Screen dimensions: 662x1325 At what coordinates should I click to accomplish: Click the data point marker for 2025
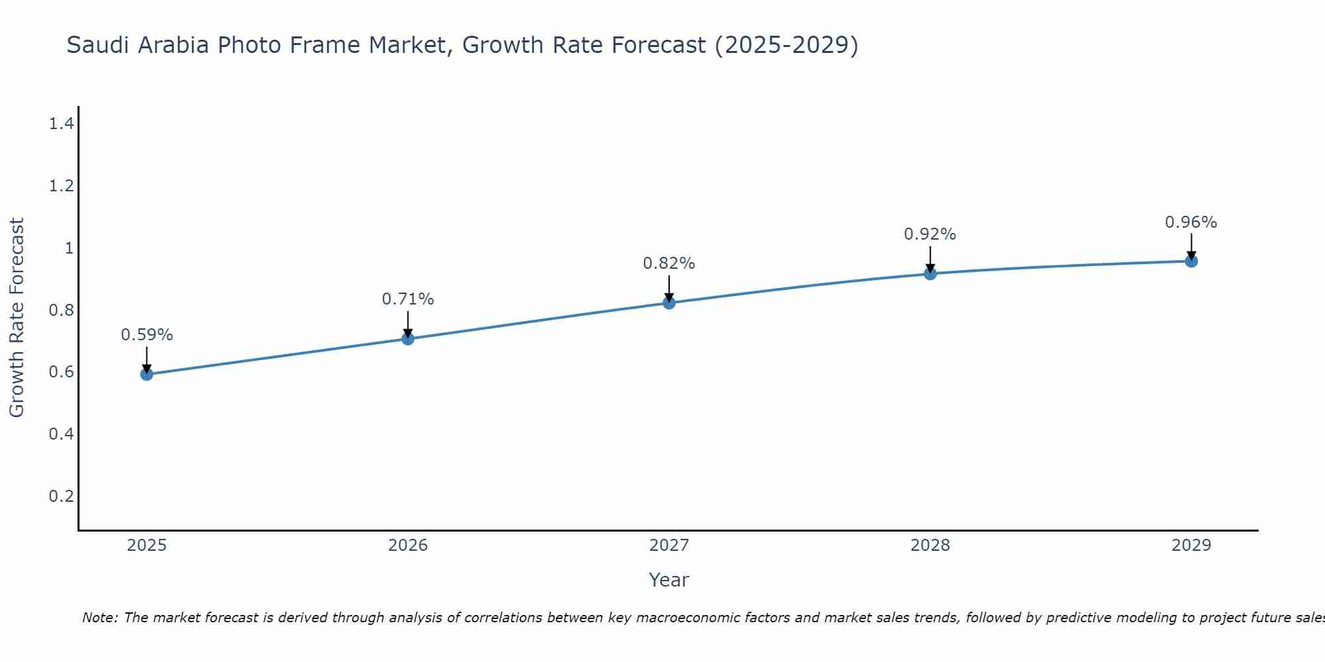(x=146, y=374)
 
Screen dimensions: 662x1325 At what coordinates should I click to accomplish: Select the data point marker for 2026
(x=408, y=338)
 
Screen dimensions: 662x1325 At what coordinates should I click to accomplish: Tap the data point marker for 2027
(x=669, y=303)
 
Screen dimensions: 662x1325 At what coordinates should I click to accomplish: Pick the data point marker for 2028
(x=930, y=273)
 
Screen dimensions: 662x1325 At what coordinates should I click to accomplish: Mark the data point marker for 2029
(x=1191, y=261)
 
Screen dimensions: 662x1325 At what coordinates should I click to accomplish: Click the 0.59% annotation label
(x=146, y=335)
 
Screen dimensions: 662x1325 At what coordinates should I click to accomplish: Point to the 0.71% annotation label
(x=408, y=299)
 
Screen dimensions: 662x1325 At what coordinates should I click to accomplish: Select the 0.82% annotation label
(x=669, y=263)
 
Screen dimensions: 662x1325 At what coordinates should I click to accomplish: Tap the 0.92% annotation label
(x=930, y=234)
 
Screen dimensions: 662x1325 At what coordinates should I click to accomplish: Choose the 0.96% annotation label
(x=1191, y=222)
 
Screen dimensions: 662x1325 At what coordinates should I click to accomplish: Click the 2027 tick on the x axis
(x=669, y=545)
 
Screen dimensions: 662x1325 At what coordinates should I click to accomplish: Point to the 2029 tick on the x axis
(x=1191, y=545)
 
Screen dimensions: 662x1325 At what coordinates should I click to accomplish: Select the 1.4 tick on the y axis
(x=61, y=123)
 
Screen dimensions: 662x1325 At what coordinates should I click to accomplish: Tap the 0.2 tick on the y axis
(x=61, y=496)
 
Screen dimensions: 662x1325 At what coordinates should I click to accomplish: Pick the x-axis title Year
(x=669, y=580)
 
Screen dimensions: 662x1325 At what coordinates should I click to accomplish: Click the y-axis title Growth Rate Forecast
(x=17, y=318)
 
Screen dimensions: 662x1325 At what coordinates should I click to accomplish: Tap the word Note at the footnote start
(x=99, y=618)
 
